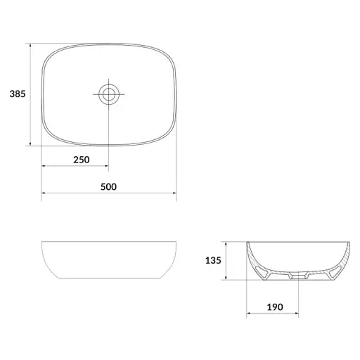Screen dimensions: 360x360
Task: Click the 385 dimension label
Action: click(18, 94)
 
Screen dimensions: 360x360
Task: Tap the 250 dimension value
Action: click(82, 160)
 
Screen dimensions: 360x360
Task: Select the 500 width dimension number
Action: click(108, 187)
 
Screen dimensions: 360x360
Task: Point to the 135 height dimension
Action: click(213, 260)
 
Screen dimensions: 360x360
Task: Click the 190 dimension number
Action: click(275, 307)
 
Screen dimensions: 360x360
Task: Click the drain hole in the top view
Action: click(109, 94)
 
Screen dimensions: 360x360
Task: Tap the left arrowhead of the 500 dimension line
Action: click(43, 193)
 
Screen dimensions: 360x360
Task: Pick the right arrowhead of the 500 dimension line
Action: click(174, 193)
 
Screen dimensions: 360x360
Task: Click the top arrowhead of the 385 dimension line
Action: click(30, 45)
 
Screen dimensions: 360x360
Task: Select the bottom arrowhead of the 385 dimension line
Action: click(30, 143)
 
